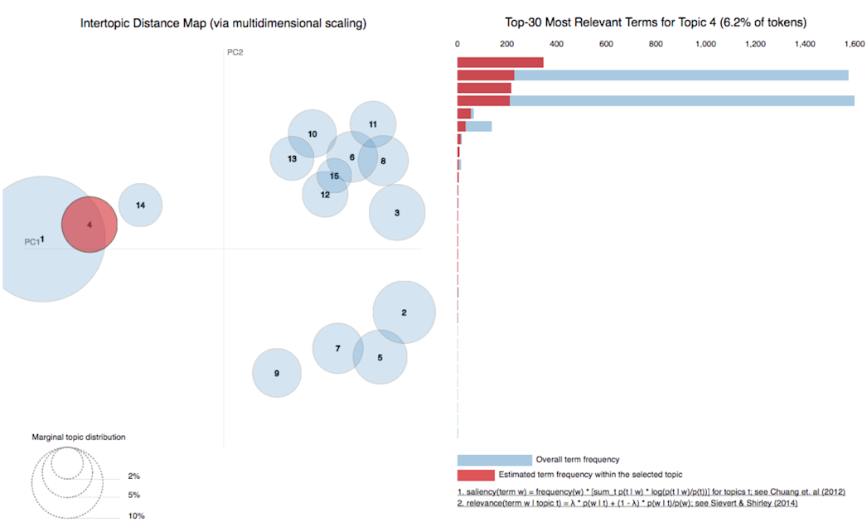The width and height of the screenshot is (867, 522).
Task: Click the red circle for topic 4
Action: [x=90, y=225]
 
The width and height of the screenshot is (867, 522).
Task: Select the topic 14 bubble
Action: [x=140, y=205]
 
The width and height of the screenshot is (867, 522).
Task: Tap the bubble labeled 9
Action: [x=277, y=373]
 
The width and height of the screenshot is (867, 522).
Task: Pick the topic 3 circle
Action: [x=397, y=213]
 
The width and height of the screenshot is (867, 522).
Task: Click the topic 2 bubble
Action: [x=404, y=312]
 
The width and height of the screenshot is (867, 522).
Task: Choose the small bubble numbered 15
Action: [x=334, y=176]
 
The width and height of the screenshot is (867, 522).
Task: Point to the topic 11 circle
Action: [x=373, y=124]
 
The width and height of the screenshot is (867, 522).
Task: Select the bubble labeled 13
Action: [x=292, y=158]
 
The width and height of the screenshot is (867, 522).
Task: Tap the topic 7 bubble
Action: [x=337, y=349]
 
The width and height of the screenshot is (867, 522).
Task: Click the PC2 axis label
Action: [x=235, y=52]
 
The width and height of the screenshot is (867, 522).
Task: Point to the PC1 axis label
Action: [x=31, y=242]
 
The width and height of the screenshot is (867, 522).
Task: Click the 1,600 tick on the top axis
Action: [x=855, y=44]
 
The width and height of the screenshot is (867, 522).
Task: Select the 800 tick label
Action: [x=656, y=44]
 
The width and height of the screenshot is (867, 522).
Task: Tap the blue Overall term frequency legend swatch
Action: [x=494, y=460]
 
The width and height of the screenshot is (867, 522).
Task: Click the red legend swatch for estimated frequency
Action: [x=475, y=475]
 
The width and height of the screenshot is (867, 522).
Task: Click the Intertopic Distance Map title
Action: [x=223, y=23]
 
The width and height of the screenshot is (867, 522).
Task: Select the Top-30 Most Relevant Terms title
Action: [x=655, y=23]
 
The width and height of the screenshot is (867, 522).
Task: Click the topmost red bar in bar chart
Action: [x=500, y=62]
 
